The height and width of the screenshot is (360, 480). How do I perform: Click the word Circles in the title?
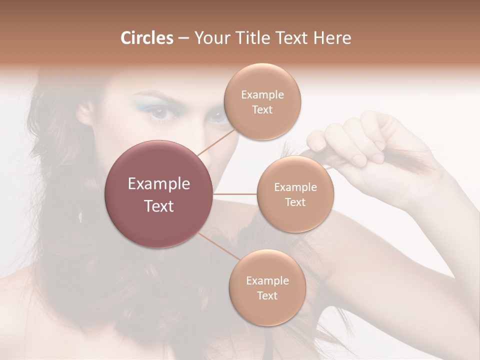146,38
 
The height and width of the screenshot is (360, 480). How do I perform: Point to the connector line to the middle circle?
235,194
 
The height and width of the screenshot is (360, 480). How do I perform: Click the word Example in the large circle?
159,184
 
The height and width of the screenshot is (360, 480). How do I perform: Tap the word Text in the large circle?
159,206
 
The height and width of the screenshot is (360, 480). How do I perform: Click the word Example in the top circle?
262,95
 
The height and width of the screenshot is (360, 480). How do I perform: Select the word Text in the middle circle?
295,202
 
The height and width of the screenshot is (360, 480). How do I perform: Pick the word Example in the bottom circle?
267,280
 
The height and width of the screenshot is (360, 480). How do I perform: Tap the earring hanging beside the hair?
80,216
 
